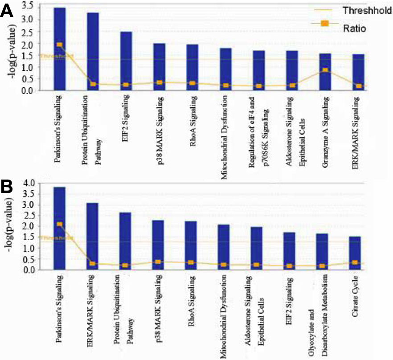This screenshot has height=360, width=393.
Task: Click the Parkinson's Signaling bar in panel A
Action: tap(59, 49)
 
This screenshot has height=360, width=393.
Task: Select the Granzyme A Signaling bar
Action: tap(325, 72)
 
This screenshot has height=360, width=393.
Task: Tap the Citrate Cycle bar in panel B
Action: tap(355, 253)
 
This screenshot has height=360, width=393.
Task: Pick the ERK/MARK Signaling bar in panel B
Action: tap(92, 236)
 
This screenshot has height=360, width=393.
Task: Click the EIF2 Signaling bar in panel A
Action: tap(126, 61)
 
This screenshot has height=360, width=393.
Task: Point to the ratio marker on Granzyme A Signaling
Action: tap(325, 70)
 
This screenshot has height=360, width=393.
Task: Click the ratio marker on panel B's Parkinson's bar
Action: tap(59, 224)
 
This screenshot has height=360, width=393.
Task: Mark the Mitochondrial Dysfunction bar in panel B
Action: tap(224, 247)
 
